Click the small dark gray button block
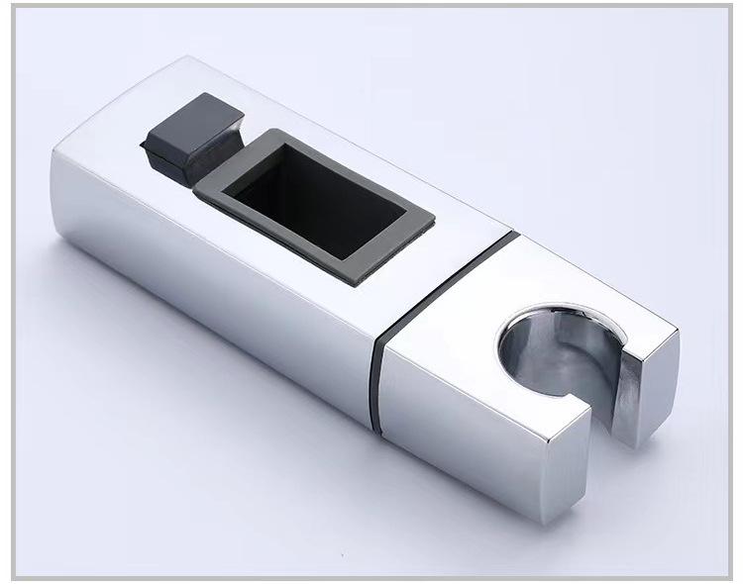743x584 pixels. (193, 139)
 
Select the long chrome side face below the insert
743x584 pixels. (218, 297)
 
